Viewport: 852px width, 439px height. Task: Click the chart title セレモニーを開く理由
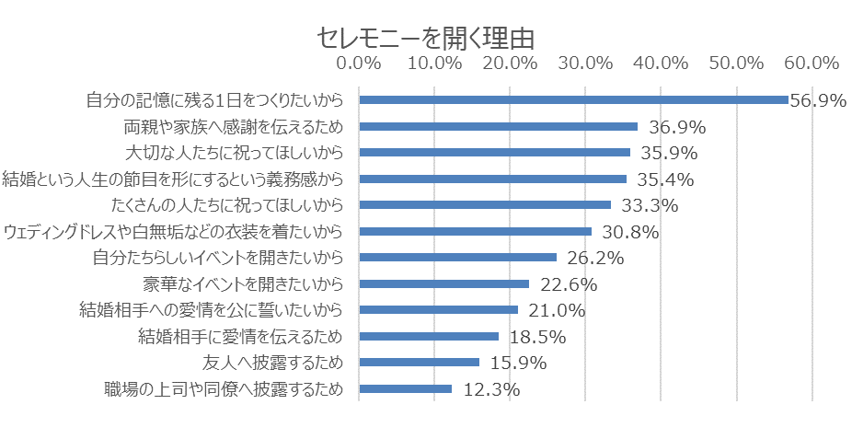pyautogui.click(x=425, y=37)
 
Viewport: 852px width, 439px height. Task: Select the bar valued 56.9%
pyautogui.click(x=573, y=99)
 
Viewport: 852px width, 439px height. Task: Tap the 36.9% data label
pyautogui.click(x=677, y=126)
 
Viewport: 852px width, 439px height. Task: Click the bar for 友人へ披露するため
pyautogui.click(x=420, y=363)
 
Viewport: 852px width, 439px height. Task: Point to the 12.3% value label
pyautogui.click(x=491, y=389)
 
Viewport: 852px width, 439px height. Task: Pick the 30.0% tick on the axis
pyautogui.click(x=585, y=64)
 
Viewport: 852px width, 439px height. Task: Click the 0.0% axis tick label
pyautogui.click(x=359, y=64)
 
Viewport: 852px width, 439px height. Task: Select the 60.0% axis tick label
pyautogui.click(x=812, y=64)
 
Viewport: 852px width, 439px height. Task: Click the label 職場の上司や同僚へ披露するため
pyautogui.click(x=225, y=389)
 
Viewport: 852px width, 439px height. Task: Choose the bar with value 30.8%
pyautogui.click(x=475, y=231)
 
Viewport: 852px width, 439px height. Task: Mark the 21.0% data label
pyautogui.click(x=558, y=310)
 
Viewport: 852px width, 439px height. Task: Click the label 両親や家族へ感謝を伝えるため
pyautogui.click(x=233, y=126)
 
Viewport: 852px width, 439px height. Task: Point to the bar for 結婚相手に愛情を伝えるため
pyautogui.click(x=429, y=336)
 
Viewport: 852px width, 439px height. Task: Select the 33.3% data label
pyautogui.click(x=651, y=205)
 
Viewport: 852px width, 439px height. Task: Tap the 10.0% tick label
pyautogui.click(x=434, y=64)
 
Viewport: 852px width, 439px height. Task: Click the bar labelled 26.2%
pyautogui.click(x=458, y=258)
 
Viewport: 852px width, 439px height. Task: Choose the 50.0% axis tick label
pyautogui.click(x=737, y=64)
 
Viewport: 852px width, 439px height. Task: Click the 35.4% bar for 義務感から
pyautogui.click(x=492, y=179)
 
